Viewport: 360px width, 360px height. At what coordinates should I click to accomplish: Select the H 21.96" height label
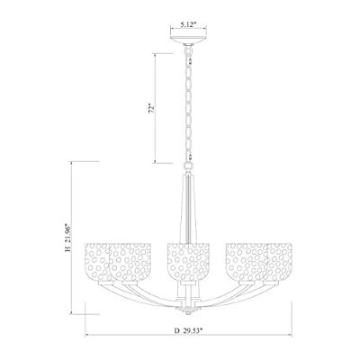point(77,237)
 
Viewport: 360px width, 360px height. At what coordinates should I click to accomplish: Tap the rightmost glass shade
point(266,259)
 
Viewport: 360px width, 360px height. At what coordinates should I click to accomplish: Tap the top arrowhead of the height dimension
point(90,163)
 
